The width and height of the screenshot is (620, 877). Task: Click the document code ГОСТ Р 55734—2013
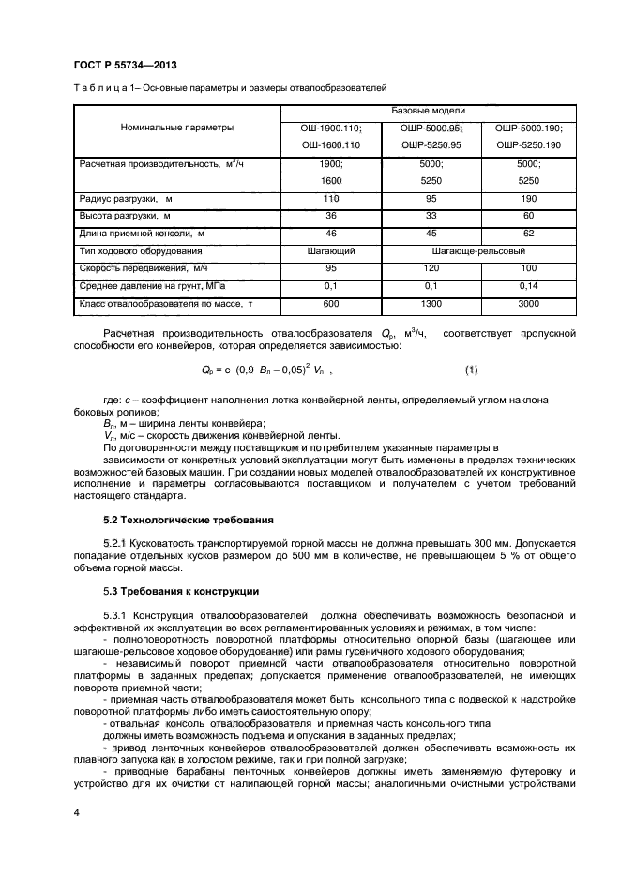point(125,65)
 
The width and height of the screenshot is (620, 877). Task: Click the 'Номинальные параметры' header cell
point(177,128)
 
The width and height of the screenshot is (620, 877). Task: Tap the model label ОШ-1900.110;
point(330,128)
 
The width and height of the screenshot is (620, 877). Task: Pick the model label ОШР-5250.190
point(528,145)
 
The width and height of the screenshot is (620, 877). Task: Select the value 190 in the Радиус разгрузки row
point(528,199)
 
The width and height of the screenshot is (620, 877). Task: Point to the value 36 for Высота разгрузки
point(330,216)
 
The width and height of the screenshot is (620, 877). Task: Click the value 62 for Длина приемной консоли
point(528,234)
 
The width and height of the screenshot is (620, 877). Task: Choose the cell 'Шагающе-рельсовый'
point(478,251)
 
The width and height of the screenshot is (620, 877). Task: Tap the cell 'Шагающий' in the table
point(330,251)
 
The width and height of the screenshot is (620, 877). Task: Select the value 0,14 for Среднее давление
point(528,286)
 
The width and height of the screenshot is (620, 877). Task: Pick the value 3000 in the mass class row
point(528,304)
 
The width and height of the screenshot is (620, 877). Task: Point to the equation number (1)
point(471,370)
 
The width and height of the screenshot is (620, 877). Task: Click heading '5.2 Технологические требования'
point(188,519)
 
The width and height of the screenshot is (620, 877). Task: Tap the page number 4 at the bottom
point(77,811)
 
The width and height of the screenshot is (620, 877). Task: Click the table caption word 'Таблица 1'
point(100,88)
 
